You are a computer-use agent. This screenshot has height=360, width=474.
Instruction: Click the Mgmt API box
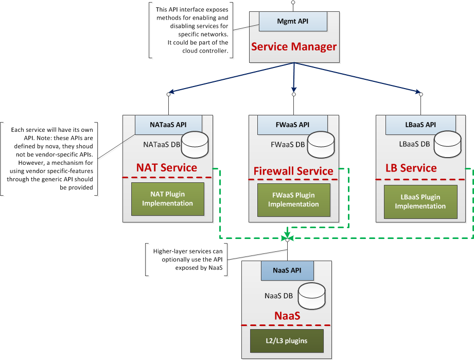[293, 22]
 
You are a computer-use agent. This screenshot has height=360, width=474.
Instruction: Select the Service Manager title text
[293, 47]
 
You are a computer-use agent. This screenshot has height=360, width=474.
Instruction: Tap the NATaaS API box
[168, 124]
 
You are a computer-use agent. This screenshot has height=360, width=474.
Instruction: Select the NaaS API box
[287, 271]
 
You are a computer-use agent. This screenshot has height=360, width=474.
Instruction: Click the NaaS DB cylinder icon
[312, 296]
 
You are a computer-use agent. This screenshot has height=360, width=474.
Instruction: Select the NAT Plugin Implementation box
[167, 199]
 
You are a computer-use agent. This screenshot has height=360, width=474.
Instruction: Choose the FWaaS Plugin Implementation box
[293, 199]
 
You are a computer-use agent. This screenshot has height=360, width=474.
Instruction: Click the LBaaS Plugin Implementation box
[420, 201]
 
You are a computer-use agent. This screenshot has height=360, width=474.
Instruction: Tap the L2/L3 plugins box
[287, 340]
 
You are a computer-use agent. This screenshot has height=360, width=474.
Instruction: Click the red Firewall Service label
[293, 171]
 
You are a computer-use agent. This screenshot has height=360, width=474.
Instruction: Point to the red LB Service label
[411, 168]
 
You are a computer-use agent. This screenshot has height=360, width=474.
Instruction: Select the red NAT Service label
[166, 168]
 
